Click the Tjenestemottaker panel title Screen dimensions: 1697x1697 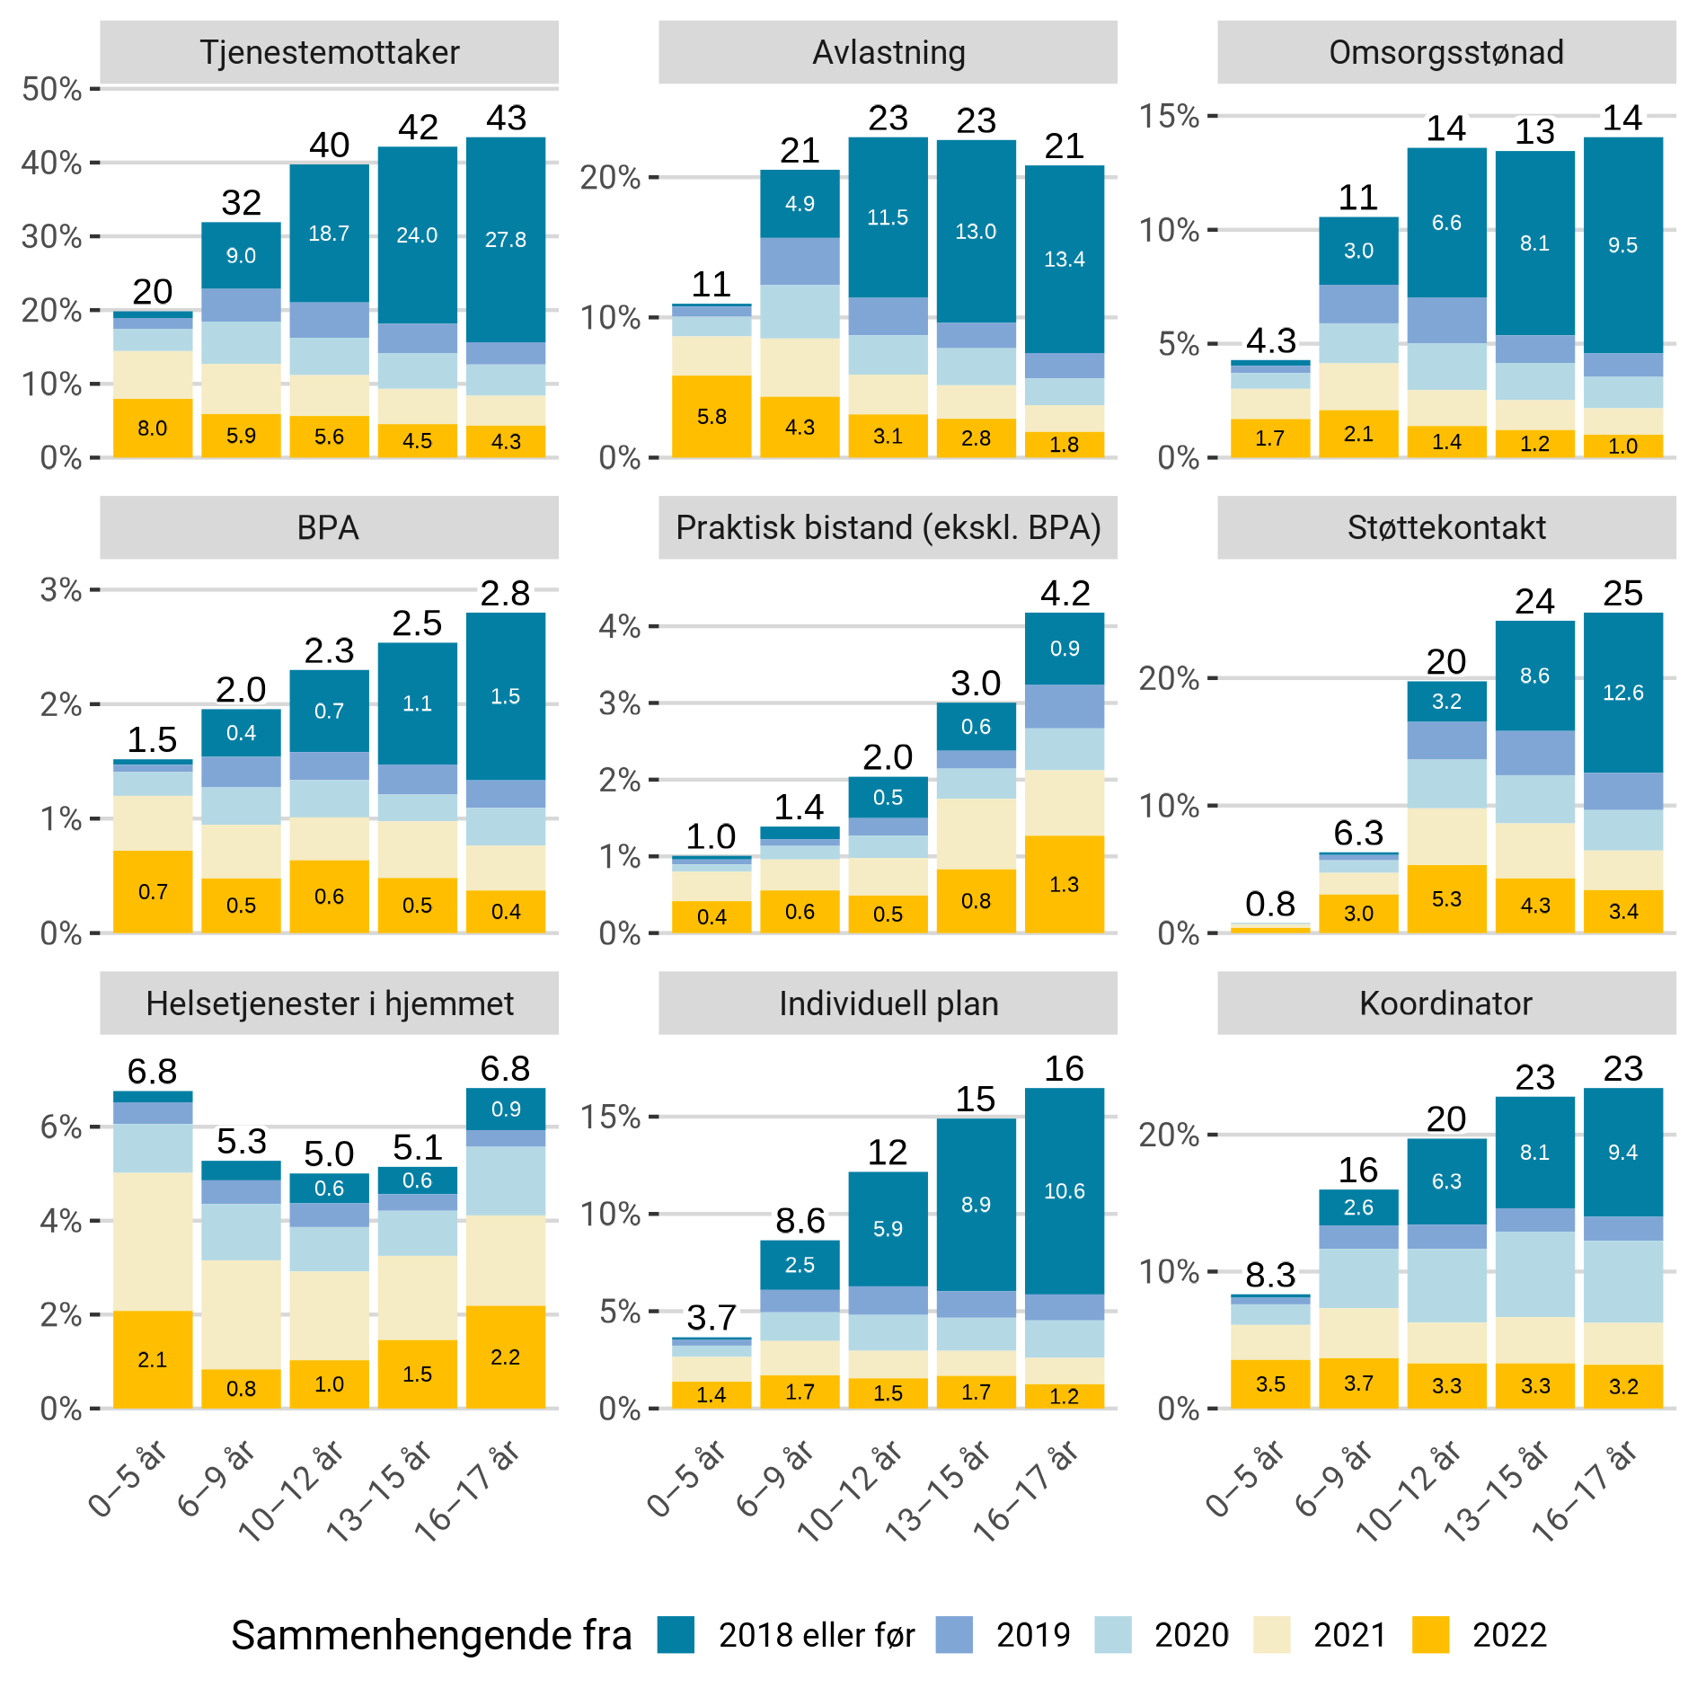329,53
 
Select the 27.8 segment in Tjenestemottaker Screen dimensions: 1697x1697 506,240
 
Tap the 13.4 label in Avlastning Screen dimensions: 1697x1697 1064,260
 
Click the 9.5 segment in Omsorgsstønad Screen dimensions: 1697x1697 1622,245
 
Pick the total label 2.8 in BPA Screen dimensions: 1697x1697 505,594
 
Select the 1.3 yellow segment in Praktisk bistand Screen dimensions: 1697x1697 1064,885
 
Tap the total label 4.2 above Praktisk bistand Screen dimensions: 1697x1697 1065,594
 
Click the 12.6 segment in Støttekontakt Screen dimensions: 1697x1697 1622,693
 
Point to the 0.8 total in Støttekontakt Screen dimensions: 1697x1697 1270,904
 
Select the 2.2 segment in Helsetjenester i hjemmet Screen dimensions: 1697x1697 505,1357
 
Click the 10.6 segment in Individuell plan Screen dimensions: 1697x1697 1064,1191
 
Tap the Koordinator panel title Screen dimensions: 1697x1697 1445,1003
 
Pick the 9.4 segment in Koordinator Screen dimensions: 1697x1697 1622,1153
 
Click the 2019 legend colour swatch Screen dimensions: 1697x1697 954,1635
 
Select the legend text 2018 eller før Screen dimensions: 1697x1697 817,1635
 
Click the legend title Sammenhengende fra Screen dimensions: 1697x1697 431,1635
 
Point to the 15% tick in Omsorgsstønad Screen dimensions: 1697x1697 1169,116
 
